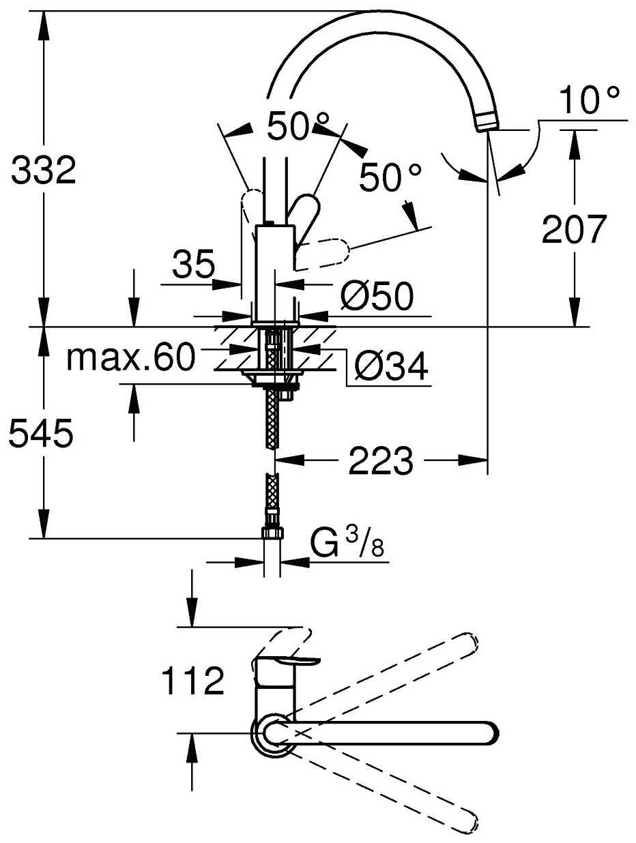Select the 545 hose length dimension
(40, 434)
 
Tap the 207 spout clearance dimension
(574, 230)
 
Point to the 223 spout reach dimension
(381, 462)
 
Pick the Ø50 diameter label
(377, 297)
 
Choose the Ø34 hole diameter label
(391, 368)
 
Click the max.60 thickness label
(130, 357)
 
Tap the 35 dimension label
(193, 265)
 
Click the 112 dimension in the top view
(193, 680)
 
